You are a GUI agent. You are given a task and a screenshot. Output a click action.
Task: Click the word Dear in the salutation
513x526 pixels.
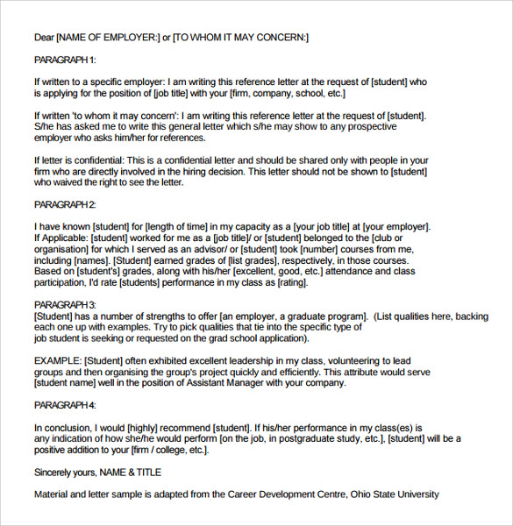pos(44,37)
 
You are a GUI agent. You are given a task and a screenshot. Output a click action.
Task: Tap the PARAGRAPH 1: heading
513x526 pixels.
pos(65,60)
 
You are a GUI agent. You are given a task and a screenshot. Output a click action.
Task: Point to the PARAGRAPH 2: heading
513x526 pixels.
pos(65,204)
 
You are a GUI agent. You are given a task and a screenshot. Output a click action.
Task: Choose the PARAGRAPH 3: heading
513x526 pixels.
pos(65,303)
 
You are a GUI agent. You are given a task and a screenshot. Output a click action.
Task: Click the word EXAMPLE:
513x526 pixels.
pos(58,360)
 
